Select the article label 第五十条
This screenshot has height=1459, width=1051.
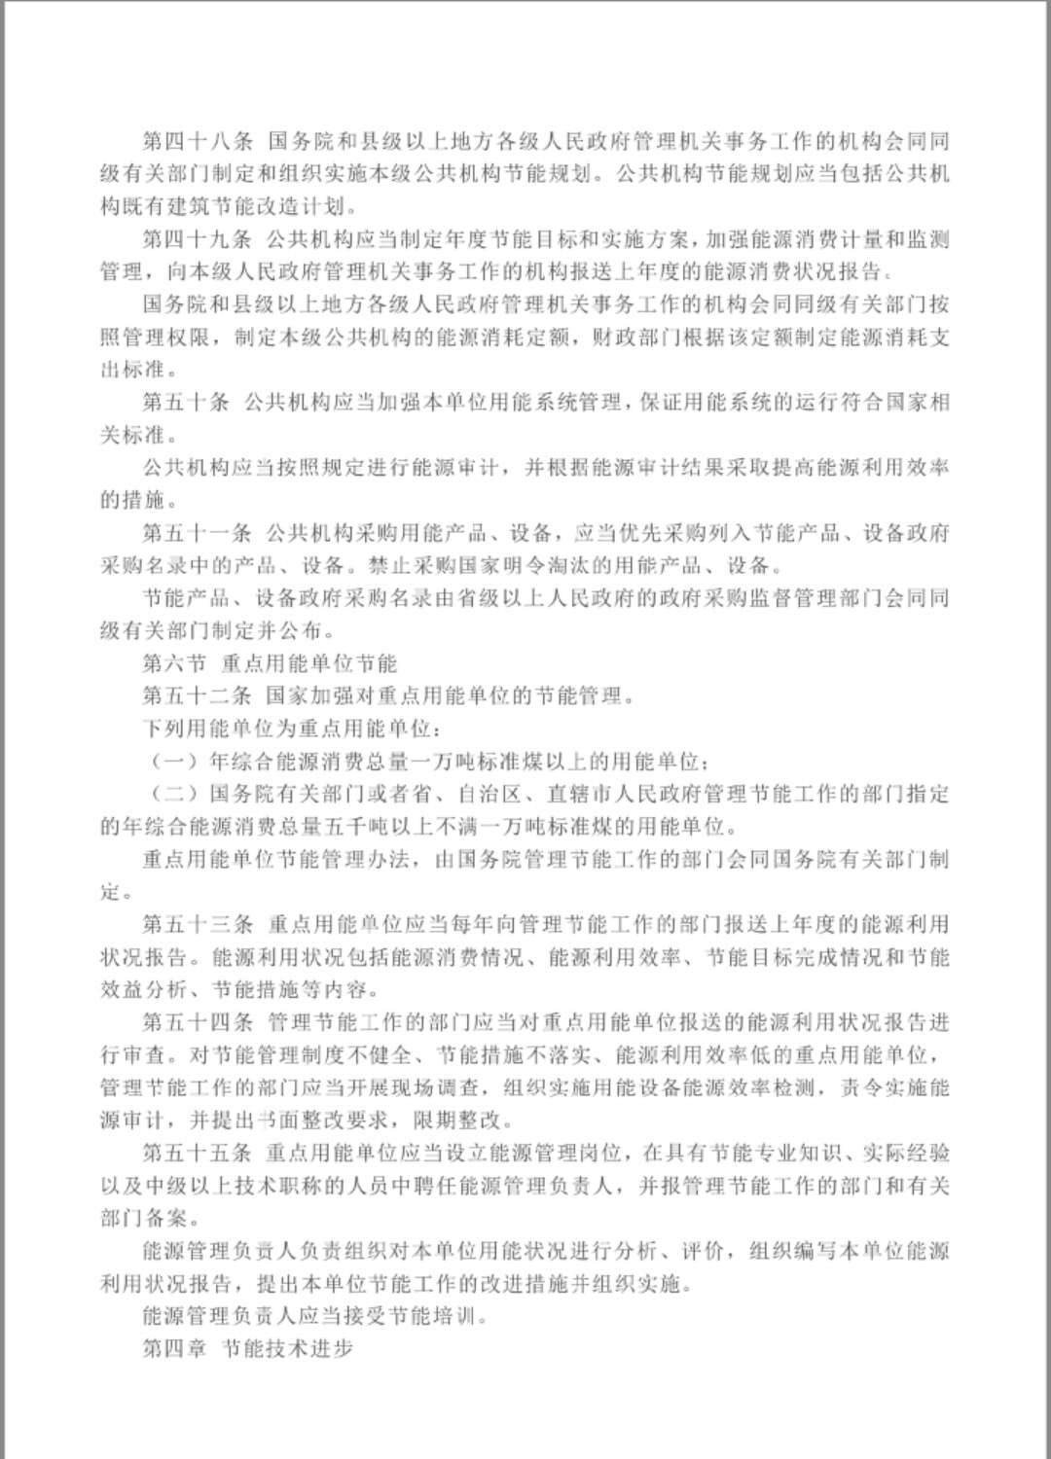[186, 403]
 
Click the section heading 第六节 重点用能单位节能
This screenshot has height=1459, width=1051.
[270, 664]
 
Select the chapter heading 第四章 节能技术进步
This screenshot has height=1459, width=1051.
[247, 1349]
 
